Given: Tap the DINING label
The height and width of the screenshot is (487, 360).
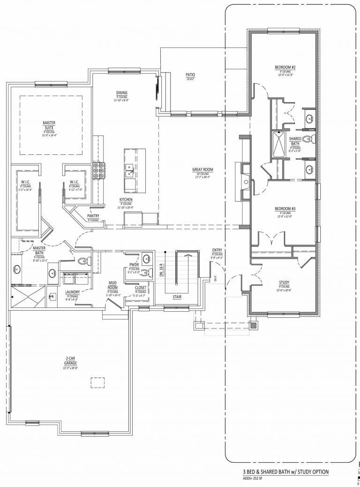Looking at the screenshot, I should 122,93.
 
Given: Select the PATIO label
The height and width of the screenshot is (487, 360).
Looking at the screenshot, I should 190,75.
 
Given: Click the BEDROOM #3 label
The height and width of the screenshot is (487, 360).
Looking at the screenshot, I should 285,209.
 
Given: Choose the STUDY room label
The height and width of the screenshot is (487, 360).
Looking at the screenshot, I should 284,283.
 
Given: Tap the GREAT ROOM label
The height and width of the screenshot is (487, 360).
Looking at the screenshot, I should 202,170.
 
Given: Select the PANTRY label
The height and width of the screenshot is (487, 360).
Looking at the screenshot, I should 93,216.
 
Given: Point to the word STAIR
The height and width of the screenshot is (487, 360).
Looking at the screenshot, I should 177,297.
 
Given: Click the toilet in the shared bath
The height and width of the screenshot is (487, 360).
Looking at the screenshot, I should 308,139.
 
